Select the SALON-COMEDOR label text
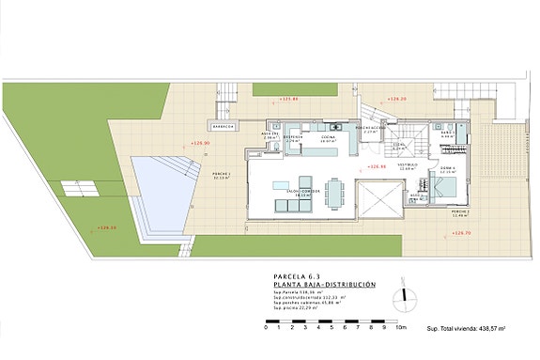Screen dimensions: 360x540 pos(302,190)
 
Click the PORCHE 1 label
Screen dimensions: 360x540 pos(222,174)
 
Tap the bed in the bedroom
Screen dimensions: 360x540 pos(446,184)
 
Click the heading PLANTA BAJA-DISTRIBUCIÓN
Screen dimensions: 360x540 pos(324,284)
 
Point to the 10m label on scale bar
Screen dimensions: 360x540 pos(401,328)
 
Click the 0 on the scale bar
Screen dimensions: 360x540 pos(266,328)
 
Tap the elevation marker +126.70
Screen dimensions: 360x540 pos(460,232)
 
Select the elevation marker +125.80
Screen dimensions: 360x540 pos(288,98)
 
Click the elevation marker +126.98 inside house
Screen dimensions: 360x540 pos(378,167)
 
